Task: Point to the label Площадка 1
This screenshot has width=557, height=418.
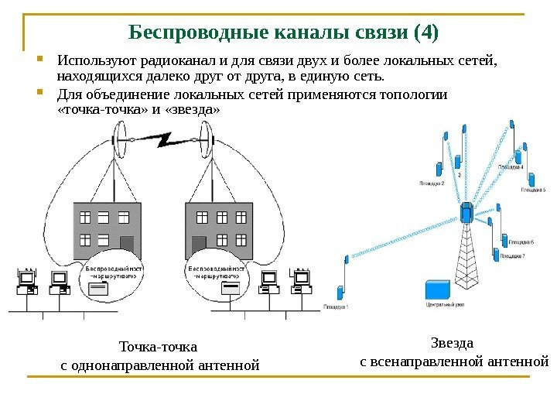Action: (336, 307)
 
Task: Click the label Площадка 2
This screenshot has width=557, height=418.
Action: (432, 183)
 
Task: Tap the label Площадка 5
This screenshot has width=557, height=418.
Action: (533, 190)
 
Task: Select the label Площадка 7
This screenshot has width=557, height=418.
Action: (512, 256)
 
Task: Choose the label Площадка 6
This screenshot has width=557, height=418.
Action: (512, 243)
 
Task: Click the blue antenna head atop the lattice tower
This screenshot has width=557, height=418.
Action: (466, 211)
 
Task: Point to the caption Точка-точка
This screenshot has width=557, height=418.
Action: (159, 346)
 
